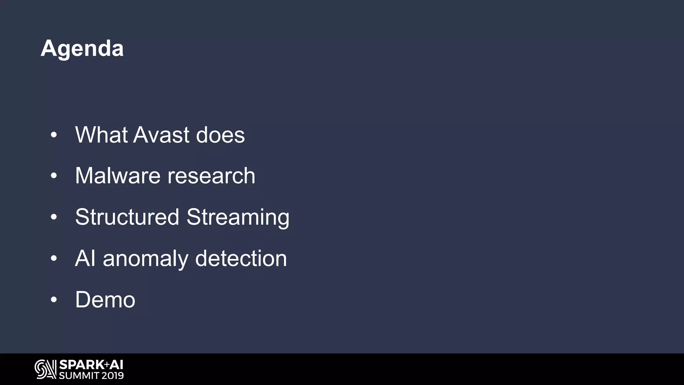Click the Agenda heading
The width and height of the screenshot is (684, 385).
(x=82, y=49)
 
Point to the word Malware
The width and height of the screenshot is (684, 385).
(x=118, y=176)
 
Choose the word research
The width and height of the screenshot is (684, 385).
(x=211, y=176)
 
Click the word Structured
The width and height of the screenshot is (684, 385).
(x=127, y=217)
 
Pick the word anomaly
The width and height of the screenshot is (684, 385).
(x=146, y=259)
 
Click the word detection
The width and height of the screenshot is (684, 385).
(x=241, y=258)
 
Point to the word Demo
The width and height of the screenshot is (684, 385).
(x=105, y=299)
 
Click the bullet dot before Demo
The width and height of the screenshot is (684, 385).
(x=54, y=300)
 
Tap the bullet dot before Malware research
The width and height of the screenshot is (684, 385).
(x=54, y=176)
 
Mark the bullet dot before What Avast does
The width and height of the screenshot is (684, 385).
(x=54, y=135)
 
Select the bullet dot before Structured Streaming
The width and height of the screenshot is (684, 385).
(x=54, y=217)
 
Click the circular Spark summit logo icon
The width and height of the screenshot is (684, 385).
(x=45, y=369)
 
